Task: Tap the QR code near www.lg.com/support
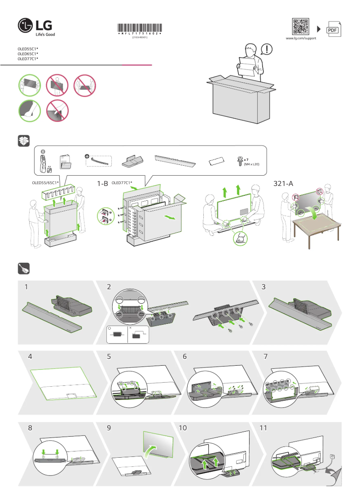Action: (301, 27)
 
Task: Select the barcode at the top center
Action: (140, 28)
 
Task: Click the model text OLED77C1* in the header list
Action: (28, 59)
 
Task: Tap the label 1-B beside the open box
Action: (103, 184)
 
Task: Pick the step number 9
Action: (109, 428)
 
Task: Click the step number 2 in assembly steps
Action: (109, 287)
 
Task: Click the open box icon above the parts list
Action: (23, 141)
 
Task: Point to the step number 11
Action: (263, 428)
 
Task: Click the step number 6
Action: (185, 357)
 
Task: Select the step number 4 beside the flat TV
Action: (30, 357)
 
